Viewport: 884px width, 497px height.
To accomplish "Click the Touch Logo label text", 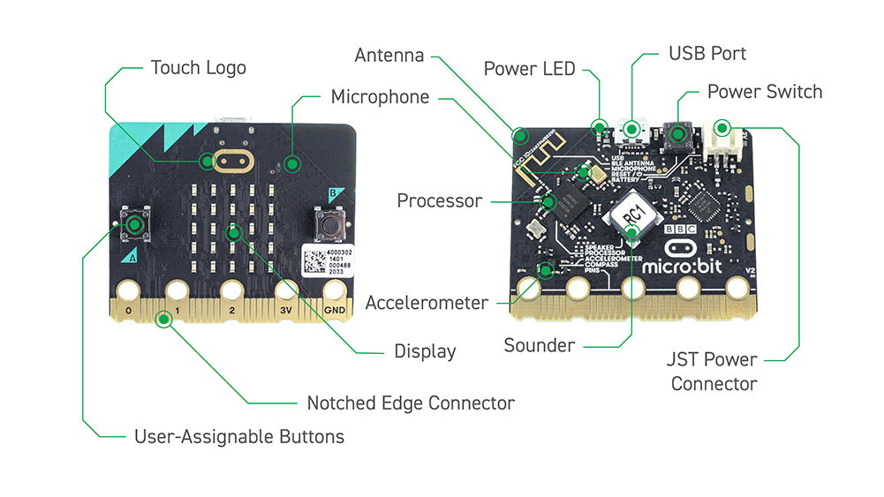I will tap(198, 68).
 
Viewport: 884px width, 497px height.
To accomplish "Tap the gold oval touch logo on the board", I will tap(232, 161).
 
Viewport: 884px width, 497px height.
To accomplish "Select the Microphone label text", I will tap(380, 96).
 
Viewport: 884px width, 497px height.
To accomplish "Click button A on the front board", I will tap(135, 224).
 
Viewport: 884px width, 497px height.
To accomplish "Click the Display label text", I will tap(425, 351).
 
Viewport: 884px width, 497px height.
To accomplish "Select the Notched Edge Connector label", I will tap(410, 403).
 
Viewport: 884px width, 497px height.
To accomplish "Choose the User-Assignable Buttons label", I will tap(238, 436).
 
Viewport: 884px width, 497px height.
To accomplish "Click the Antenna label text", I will tap(389, 55).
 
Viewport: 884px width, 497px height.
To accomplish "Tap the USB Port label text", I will tap(706, 53).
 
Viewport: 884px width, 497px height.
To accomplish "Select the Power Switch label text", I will tap(764, 92).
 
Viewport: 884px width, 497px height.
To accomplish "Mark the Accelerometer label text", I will tap(427, 303).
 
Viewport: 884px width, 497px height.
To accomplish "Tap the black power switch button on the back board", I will tap(679, 133).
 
